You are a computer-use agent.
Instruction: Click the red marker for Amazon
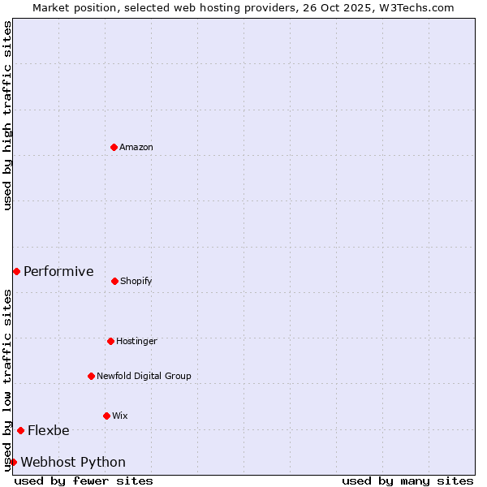tap(114, 147)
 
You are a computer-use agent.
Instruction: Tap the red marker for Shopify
tap(114, 281)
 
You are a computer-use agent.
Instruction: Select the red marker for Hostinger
tap(110, 341)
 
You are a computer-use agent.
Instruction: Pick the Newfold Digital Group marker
tap(91, 376)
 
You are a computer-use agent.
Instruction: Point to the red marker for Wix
tap(106, 416)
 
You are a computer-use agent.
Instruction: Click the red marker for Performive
tap(16, 271)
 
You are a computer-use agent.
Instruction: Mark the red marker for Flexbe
tap(20, 430)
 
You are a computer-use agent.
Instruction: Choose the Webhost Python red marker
tap(13, 462)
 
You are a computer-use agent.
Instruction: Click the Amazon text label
tap(136, 147)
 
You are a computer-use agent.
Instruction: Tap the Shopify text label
tap(136, 281)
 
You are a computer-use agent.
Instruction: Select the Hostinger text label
tap(136, 341)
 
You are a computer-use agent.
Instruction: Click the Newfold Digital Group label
tap(144, 376)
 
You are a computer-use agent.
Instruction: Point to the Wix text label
tap(120, 416)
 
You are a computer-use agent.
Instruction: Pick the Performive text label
tap(58, 271)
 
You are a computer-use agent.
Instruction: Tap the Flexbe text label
tap(49, 430)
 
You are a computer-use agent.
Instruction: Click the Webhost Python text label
tap(73, 462)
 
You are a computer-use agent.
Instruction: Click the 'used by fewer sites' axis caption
tap(84, 481)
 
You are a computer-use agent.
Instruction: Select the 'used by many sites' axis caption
tap(407, 481)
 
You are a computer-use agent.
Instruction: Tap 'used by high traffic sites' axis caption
tap(7, 115)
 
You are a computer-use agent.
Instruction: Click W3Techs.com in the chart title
tap(416, 7)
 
